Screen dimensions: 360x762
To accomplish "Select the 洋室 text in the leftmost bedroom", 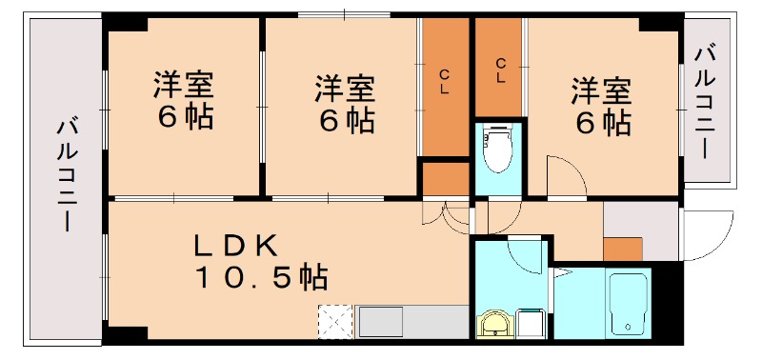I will [183, 86].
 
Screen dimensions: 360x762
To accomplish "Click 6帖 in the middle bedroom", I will [345, 121].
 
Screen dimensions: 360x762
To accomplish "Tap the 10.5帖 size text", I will [261, 278].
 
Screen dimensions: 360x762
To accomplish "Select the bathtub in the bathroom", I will [628, 303].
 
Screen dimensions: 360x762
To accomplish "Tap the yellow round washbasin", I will [493, 327].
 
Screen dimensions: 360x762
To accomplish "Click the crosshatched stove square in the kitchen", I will [334, 321].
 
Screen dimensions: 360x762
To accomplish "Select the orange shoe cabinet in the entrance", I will [623, 249].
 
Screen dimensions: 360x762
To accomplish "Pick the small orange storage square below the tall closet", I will [445, 179].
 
